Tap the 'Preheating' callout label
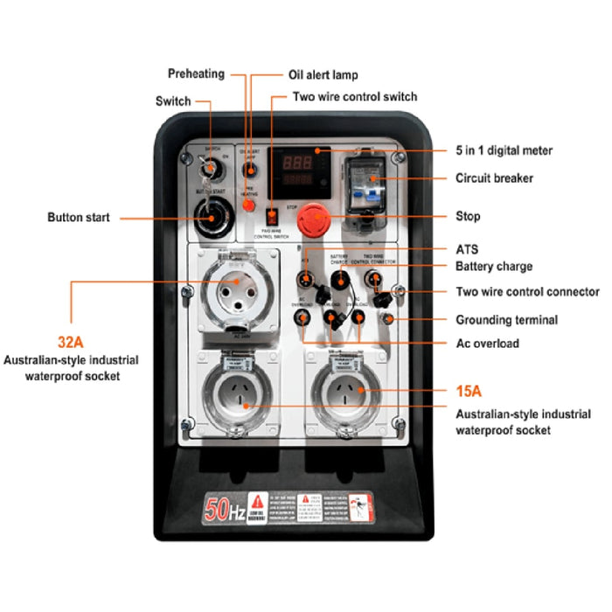196,74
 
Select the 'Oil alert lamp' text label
323,74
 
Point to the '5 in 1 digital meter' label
504,151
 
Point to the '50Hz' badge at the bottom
224,507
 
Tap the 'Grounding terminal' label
506,320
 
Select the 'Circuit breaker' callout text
494,178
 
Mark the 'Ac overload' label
487,343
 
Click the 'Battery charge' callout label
494,267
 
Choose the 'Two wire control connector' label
527,292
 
